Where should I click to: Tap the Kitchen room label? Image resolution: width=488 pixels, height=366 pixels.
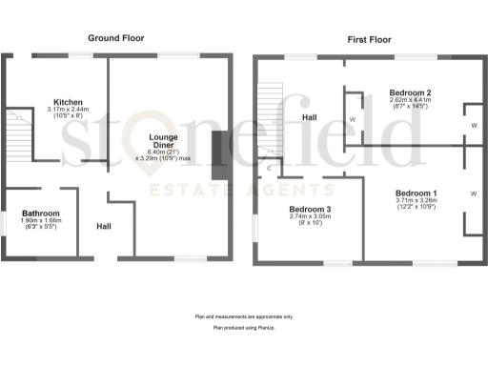68,102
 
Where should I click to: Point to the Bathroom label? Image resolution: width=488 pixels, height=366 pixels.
42,213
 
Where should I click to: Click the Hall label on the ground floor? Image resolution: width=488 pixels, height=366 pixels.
104,227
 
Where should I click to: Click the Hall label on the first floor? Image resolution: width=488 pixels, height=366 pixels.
310,118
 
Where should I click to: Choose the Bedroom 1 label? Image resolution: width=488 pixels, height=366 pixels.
416,193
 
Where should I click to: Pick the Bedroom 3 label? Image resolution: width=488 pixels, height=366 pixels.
311,210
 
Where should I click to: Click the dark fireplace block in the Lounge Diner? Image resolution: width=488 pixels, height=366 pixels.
217,154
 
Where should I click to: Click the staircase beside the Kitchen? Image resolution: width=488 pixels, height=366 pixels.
20,133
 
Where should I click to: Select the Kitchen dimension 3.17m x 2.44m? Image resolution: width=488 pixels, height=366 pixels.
68,110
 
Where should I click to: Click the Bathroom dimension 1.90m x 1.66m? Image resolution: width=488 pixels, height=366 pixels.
42,221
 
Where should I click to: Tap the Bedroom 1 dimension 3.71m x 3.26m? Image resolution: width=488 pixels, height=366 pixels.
416,200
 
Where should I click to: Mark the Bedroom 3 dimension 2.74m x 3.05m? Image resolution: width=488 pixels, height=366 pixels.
311,217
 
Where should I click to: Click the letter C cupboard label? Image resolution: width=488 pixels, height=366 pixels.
269,169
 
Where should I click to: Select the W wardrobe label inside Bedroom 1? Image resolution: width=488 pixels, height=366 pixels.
473,193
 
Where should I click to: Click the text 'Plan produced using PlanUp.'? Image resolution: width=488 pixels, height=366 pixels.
244,327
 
